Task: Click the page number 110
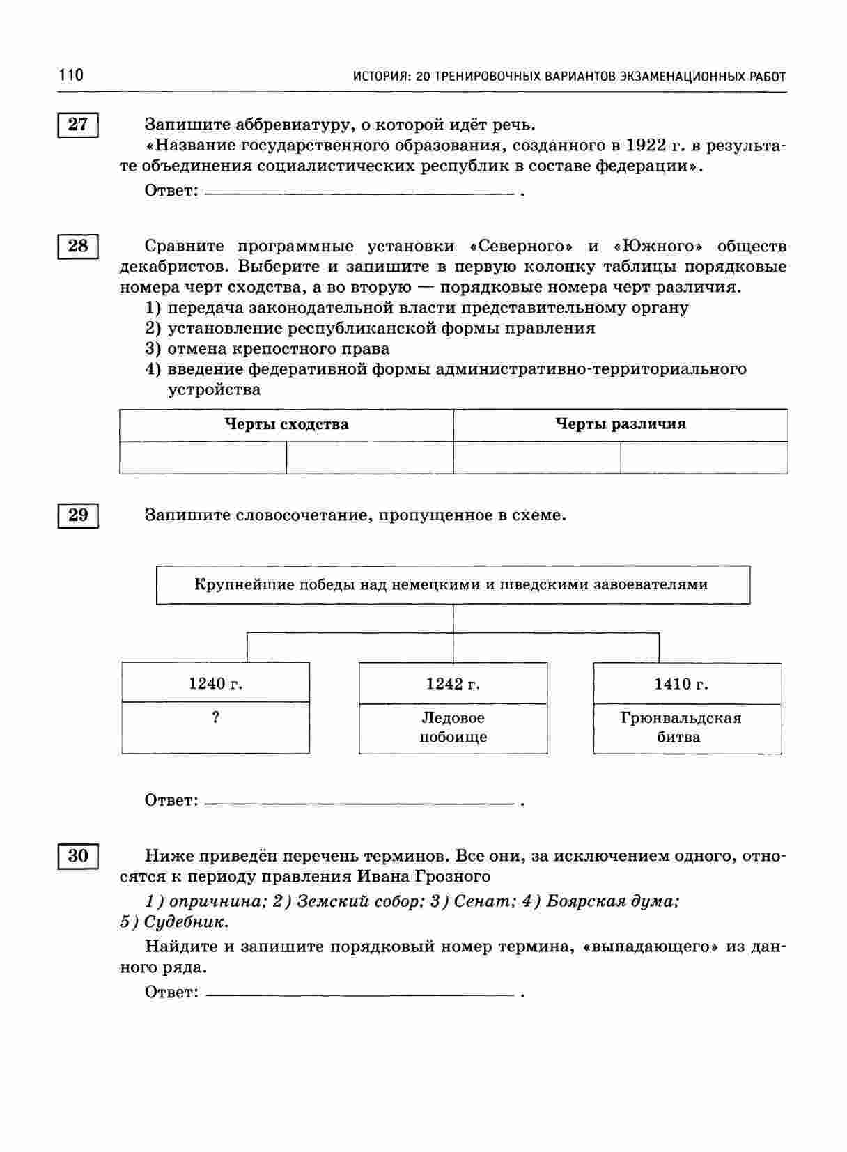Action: tap(71, 75)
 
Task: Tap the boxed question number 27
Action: tap(78, 125)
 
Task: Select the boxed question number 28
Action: tap(78, 247)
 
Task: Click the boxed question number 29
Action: tap(78, 515)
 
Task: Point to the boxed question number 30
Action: tap(78, 856)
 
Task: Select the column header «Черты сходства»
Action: tap(286, 424)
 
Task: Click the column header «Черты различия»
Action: tap(621, 424)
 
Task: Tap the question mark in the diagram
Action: tap(216, 717)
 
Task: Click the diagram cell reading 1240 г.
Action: tap(216, 684)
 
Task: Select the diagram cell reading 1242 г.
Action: tap(453, 684)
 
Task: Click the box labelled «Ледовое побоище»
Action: tap(453, 728)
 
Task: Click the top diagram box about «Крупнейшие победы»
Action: tap(453, 584)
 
